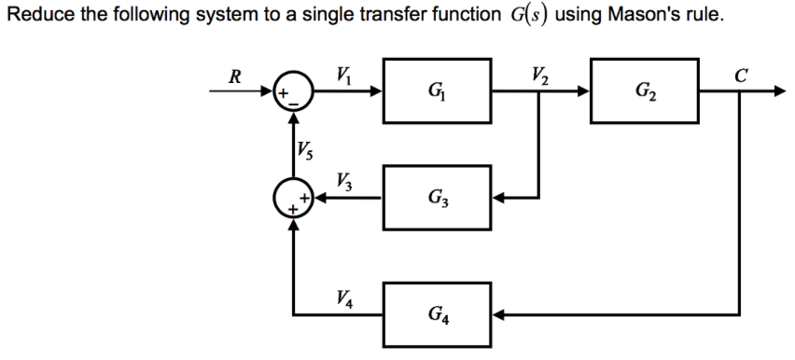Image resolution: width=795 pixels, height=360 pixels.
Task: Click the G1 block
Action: point(436,92)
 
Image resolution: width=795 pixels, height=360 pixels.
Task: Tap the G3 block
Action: point(436,198)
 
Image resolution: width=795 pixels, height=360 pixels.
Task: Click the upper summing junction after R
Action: point(295,92)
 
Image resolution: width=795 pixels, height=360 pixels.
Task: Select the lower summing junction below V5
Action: point(295,198)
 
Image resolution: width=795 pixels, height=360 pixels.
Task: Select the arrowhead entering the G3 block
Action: point(500,198)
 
